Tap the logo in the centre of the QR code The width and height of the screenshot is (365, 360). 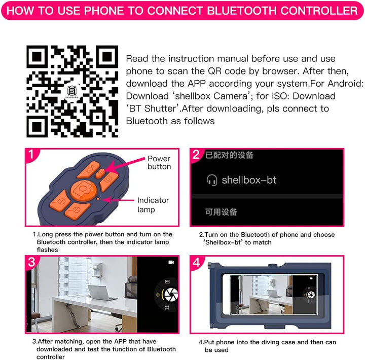click(x=72, y=92)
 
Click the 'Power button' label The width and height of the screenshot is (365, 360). click(x=159, y=163)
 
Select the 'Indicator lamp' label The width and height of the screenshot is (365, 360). click(x=153, y=205)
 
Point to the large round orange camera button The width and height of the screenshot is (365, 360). click(x=83, y=190)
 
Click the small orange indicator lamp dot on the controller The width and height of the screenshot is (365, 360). click(x=98, y=199)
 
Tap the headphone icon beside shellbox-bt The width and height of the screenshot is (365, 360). click(x=211, y=180)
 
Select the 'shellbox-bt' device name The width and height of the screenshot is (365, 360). click(x=249, y=180)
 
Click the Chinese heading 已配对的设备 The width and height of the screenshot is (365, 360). click(x=229, y=155)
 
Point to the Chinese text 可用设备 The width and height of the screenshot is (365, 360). click(x=221, y=211)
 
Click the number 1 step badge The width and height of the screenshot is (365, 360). click(x=31, y=154)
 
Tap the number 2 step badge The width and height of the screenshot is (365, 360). click(x=196, y=155)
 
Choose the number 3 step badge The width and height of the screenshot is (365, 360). click(x=31, y=262)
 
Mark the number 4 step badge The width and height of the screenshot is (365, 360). click(x=196, y=263)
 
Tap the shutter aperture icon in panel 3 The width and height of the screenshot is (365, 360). click(x=171, y=294)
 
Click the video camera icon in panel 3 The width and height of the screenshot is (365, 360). click(x=171, y=263)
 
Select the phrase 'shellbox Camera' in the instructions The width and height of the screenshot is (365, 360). click(x=211, y=96)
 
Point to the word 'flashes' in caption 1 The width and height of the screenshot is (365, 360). click(x=47, y=249)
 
